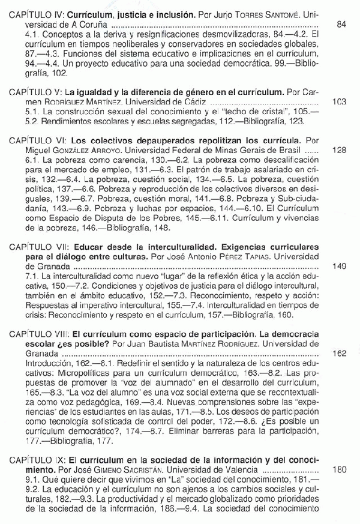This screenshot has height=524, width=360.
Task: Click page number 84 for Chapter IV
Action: click(342, 26)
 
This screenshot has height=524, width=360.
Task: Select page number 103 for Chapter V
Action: click(340, 101)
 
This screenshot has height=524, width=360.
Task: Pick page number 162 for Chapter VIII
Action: click(340, 353)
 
